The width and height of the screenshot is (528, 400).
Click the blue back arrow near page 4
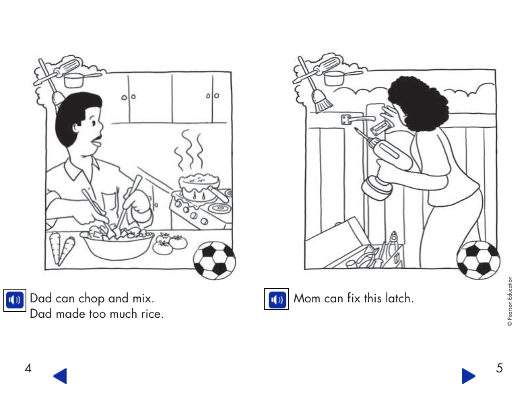point(61,376)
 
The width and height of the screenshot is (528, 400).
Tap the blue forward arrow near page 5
point(468,376)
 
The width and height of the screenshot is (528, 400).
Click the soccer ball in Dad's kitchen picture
point(215,261)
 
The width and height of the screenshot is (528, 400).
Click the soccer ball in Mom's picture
point(478,260)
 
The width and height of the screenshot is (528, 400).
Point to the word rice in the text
point(150,314)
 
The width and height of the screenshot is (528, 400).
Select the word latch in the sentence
point(399,298)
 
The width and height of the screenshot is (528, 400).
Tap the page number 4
point(28,368)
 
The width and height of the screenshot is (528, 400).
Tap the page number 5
point(499,368)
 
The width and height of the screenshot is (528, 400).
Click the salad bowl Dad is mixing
point(119,243)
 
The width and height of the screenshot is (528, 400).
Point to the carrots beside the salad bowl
point(63,249)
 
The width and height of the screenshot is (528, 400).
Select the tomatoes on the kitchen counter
point(168,242)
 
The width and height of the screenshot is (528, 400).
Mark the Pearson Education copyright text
point(510,302)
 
